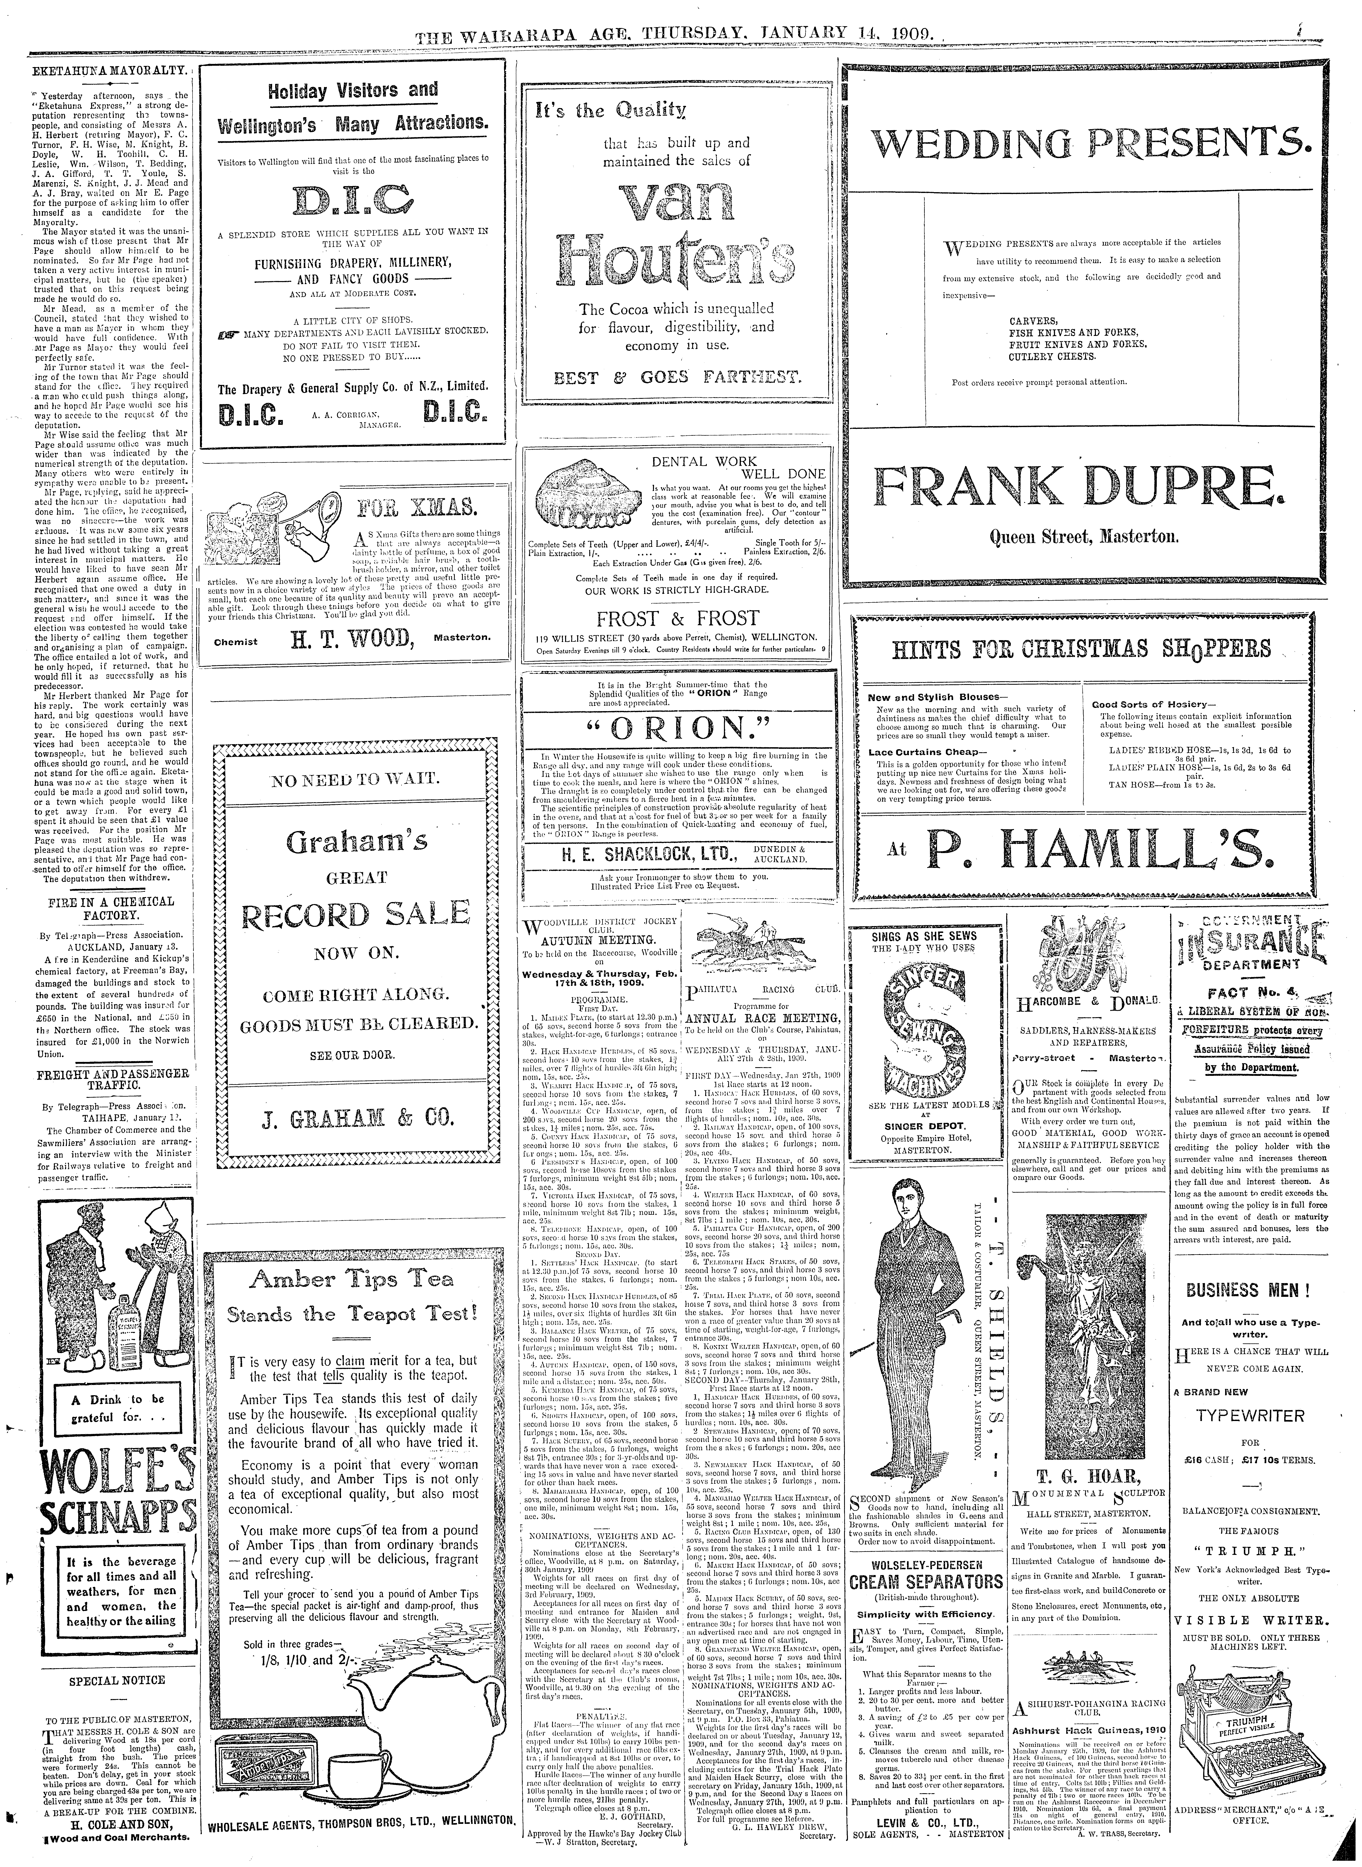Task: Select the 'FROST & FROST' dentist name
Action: point(678,619)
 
